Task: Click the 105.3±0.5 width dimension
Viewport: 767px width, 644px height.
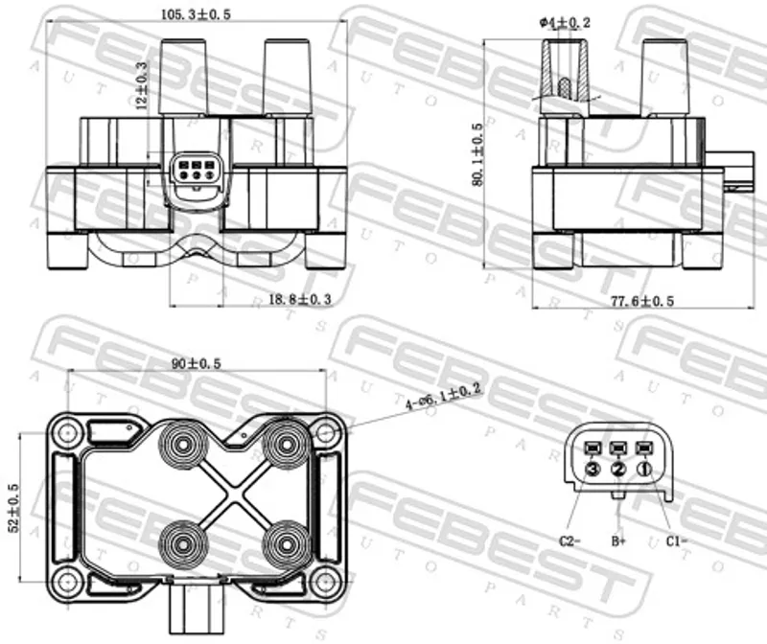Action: point(196,14)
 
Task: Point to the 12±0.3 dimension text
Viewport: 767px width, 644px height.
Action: point(141,85)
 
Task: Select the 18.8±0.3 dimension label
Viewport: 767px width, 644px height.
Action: point(300,299)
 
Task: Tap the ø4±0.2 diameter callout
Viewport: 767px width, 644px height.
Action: point(565,22)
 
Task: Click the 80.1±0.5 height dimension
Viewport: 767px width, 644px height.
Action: point(477,154)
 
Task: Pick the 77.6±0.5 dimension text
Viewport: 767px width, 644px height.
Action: point(642,301)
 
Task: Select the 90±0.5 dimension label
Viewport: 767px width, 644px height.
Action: point(197,363)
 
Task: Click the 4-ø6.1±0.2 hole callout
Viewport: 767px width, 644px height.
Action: point(444,397)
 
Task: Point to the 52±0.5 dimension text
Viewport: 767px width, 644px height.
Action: point(13,508)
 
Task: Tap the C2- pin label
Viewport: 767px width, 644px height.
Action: point(569,540)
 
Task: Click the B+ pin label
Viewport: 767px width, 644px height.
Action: point(618,540)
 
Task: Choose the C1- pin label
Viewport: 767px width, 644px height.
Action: point(677,540)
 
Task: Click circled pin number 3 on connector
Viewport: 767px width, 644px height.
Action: point(593,469)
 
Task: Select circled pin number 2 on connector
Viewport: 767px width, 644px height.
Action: point(618,469)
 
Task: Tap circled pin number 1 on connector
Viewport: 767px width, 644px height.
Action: point(644,469)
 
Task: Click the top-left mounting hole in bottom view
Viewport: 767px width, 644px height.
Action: point(66,432)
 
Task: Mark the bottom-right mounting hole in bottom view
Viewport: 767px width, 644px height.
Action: point(325,583)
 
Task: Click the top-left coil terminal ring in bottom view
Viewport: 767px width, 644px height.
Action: point(183,445)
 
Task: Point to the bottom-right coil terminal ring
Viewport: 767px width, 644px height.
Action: point(286,543)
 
